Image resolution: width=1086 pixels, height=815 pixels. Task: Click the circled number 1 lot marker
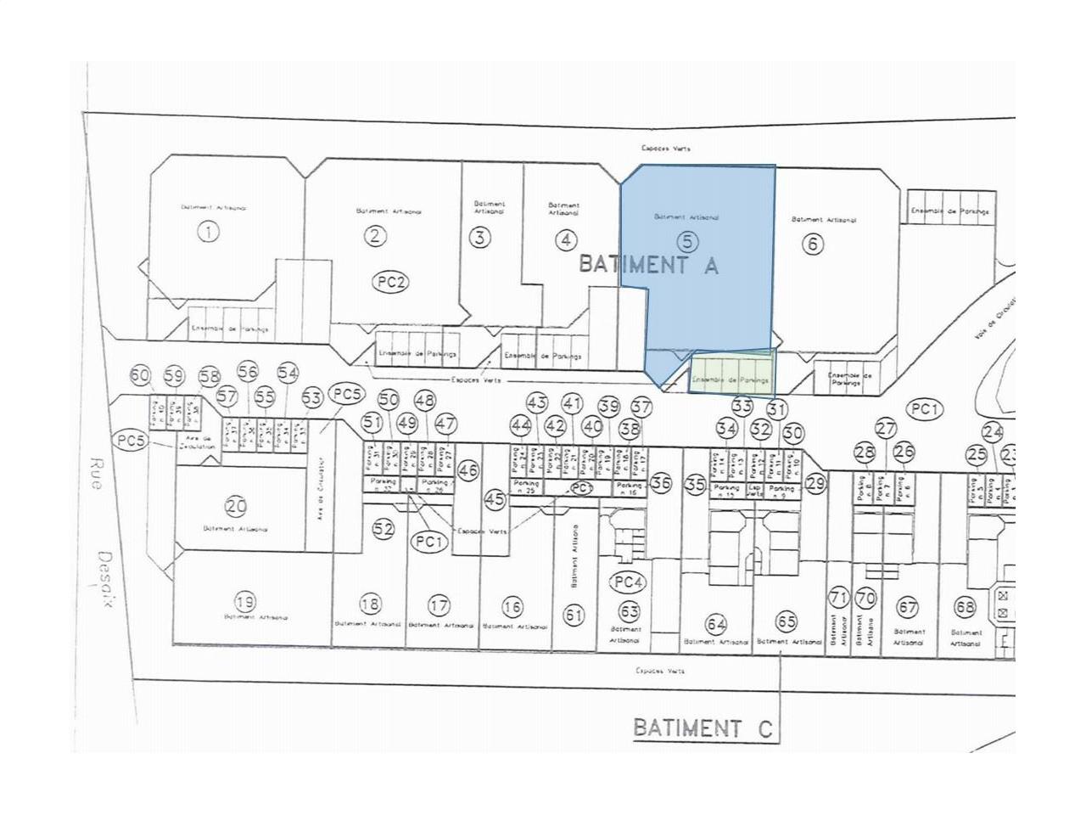208,231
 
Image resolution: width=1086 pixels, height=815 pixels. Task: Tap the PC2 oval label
390,284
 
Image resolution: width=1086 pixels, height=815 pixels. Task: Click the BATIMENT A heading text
648,264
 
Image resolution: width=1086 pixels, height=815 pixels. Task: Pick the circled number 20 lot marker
236,507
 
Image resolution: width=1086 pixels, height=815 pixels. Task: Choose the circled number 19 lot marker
245,603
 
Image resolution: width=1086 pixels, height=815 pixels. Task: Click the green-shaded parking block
731,373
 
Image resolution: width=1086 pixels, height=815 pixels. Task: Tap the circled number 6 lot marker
813,244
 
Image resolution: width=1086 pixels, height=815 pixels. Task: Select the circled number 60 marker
140,375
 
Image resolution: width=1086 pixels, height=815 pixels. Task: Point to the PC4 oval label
626,582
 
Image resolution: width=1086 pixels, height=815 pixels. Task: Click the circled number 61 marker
574,615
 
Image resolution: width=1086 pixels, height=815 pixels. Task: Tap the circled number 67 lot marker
908,608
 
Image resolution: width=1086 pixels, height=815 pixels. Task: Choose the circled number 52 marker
383,529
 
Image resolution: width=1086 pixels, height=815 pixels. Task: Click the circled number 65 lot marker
787,621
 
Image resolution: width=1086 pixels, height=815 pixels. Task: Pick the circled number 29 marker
815,484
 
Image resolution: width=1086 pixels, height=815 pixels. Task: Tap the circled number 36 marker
661,483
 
